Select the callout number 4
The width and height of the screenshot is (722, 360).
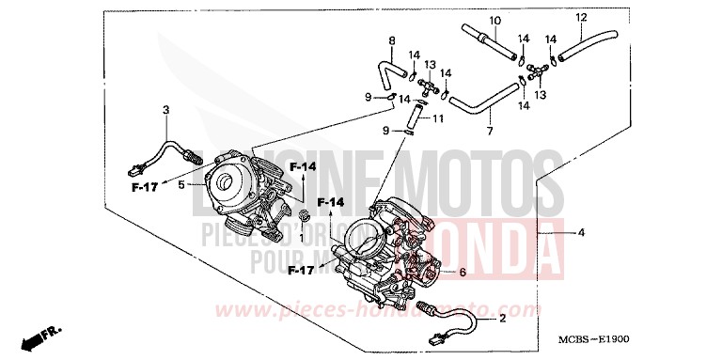[x=582, y=232]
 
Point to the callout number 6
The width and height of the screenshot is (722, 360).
[x=462, y=272]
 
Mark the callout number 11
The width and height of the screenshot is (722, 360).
[x=438, y=118]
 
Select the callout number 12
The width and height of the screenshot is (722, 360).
[x=581, y=17]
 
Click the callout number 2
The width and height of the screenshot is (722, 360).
[x=502, y=318]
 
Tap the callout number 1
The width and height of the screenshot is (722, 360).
[x=301, y=237]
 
